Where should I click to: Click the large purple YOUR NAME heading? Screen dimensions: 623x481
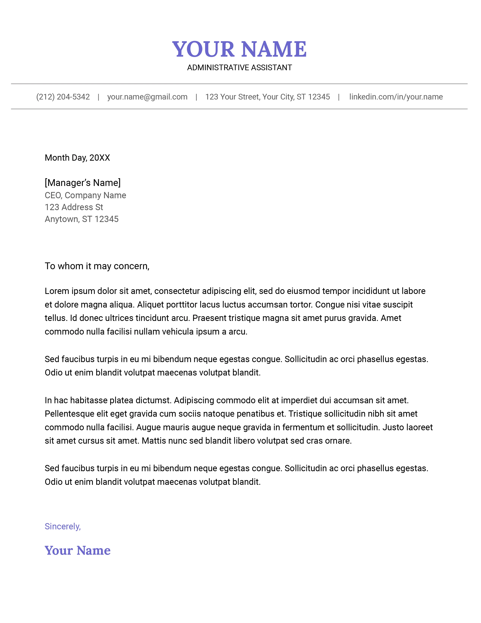coord(239,49)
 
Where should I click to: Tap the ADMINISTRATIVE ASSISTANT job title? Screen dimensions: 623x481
coord(239,68)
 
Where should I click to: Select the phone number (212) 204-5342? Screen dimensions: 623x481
coord(63,97)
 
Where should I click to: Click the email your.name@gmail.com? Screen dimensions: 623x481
coord(147,97)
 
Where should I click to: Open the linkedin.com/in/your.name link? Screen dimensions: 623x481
coord(396,97)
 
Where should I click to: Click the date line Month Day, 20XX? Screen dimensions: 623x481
coord(77,158)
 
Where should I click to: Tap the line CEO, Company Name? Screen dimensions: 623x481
coord(85,195)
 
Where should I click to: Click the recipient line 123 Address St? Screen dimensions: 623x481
coord(74,207)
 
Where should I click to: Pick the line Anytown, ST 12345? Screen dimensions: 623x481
coord(81,219)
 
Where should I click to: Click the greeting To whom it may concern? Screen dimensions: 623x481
coord(97,266)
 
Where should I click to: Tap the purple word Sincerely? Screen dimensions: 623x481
coord(63,526)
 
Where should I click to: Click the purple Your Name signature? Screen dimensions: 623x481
coord(78,551)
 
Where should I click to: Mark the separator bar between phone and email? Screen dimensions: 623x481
coord(98,97)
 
